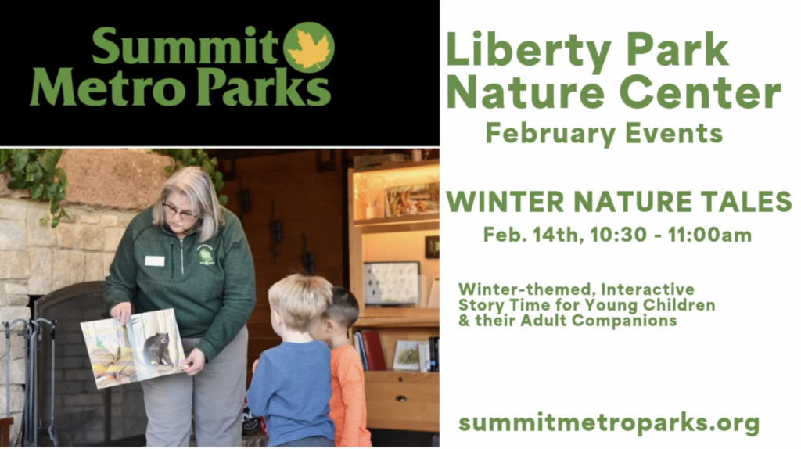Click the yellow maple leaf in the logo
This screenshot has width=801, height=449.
click(308, 48)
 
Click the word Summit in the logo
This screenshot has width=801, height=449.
click(185, 46)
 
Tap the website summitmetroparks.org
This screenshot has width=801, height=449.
click(609, 423)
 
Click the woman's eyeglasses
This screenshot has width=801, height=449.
click(181, 210)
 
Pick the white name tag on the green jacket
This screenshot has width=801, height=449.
click(155, 261)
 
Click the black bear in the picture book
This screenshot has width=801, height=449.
click(158, 349)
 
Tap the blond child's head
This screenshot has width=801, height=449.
click(300, 301)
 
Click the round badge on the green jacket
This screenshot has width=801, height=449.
click(207, 254)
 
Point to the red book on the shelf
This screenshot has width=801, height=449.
click(374, 350)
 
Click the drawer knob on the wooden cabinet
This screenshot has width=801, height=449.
click(401, 398)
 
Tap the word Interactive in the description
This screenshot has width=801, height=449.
click(647, 289)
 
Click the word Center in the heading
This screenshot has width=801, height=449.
click(700, 92)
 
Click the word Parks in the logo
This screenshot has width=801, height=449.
click(264, 88)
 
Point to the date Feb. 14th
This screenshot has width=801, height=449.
click(533, 235)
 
